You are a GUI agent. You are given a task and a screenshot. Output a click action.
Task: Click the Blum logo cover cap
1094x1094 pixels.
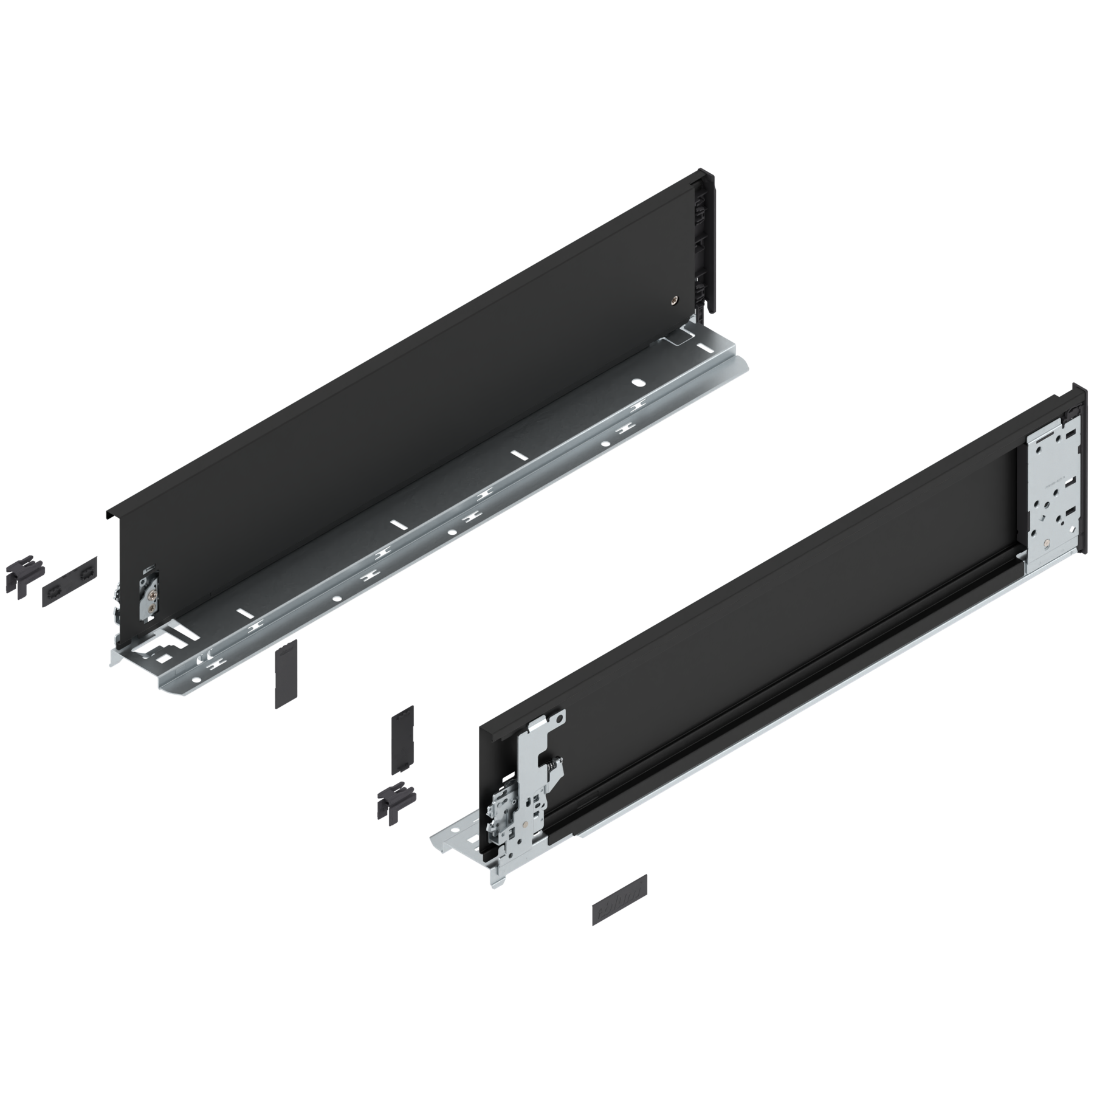click(619, 909)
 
